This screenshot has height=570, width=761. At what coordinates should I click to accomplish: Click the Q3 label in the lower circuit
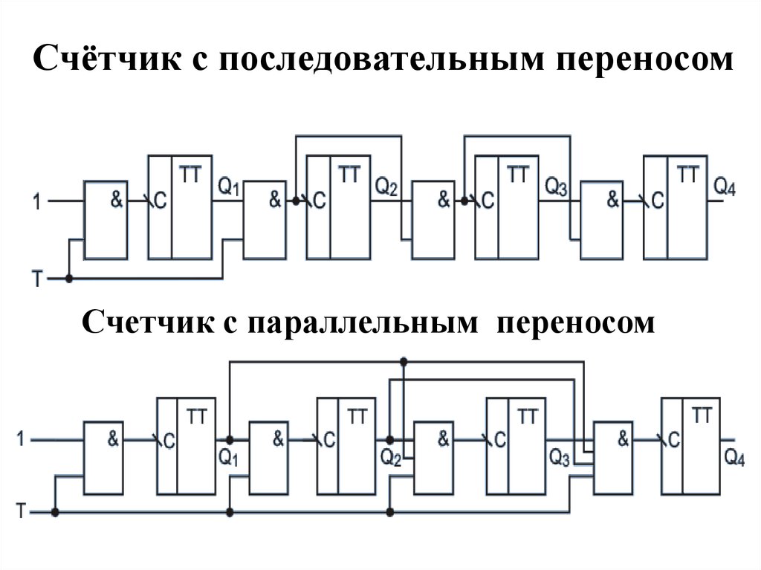(x=560, y=457)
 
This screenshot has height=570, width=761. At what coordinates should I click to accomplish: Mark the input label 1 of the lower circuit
(x=21, y=440)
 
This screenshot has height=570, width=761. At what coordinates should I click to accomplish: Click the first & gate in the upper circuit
(x=106, y=219)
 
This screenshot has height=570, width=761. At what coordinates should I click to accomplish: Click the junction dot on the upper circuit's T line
(x=69, y=279)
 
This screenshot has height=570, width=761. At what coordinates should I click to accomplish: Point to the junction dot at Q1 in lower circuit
(x=230, y=439)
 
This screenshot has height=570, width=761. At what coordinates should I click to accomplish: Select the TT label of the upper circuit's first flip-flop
(x=189, y=175)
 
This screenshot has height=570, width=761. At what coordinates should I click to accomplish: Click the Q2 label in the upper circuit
(x=386, y=184)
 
